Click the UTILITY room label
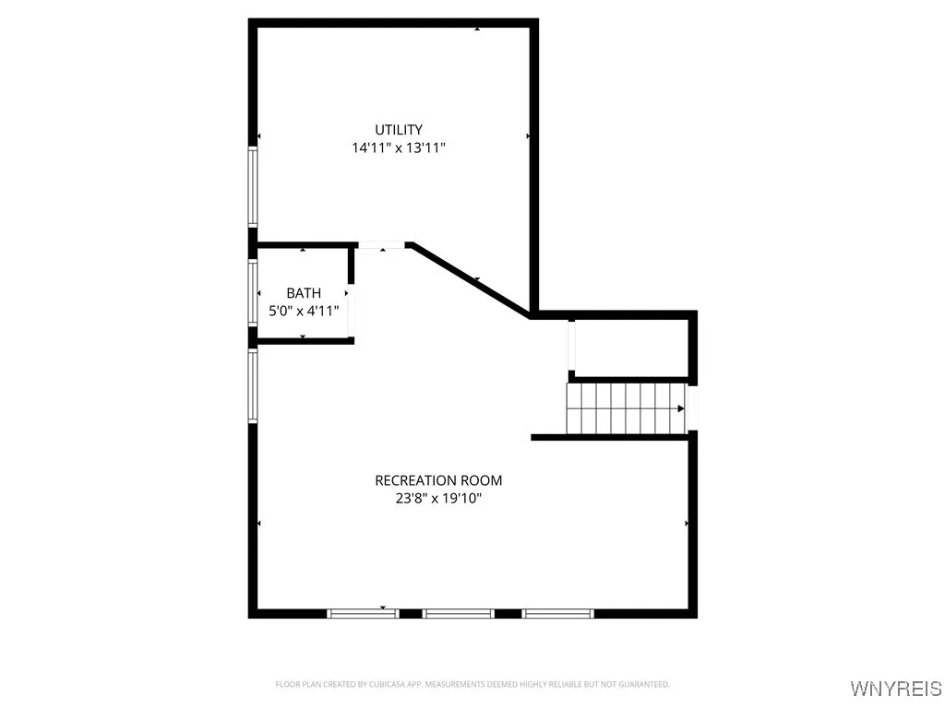point(398,130)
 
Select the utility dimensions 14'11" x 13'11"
point(398,147)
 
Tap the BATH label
point(304,293)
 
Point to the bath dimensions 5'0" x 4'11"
point(304,311)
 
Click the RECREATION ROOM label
point(438,480)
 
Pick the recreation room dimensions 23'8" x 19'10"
point(438,499)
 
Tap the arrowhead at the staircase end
point(680,408)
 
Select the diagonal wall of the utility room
point(471,279)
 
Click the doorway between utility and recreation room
point(382,245)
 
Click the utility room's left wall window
point(252,186)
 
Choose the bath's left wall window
point(252,292)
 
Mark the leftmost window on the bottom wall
point(363,613)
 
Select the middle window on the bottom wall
point(459,613)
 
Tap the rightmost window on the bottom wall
point(557,613)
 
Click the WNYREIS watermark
point(895,689)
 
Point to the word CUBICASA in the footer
point(374,684)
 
